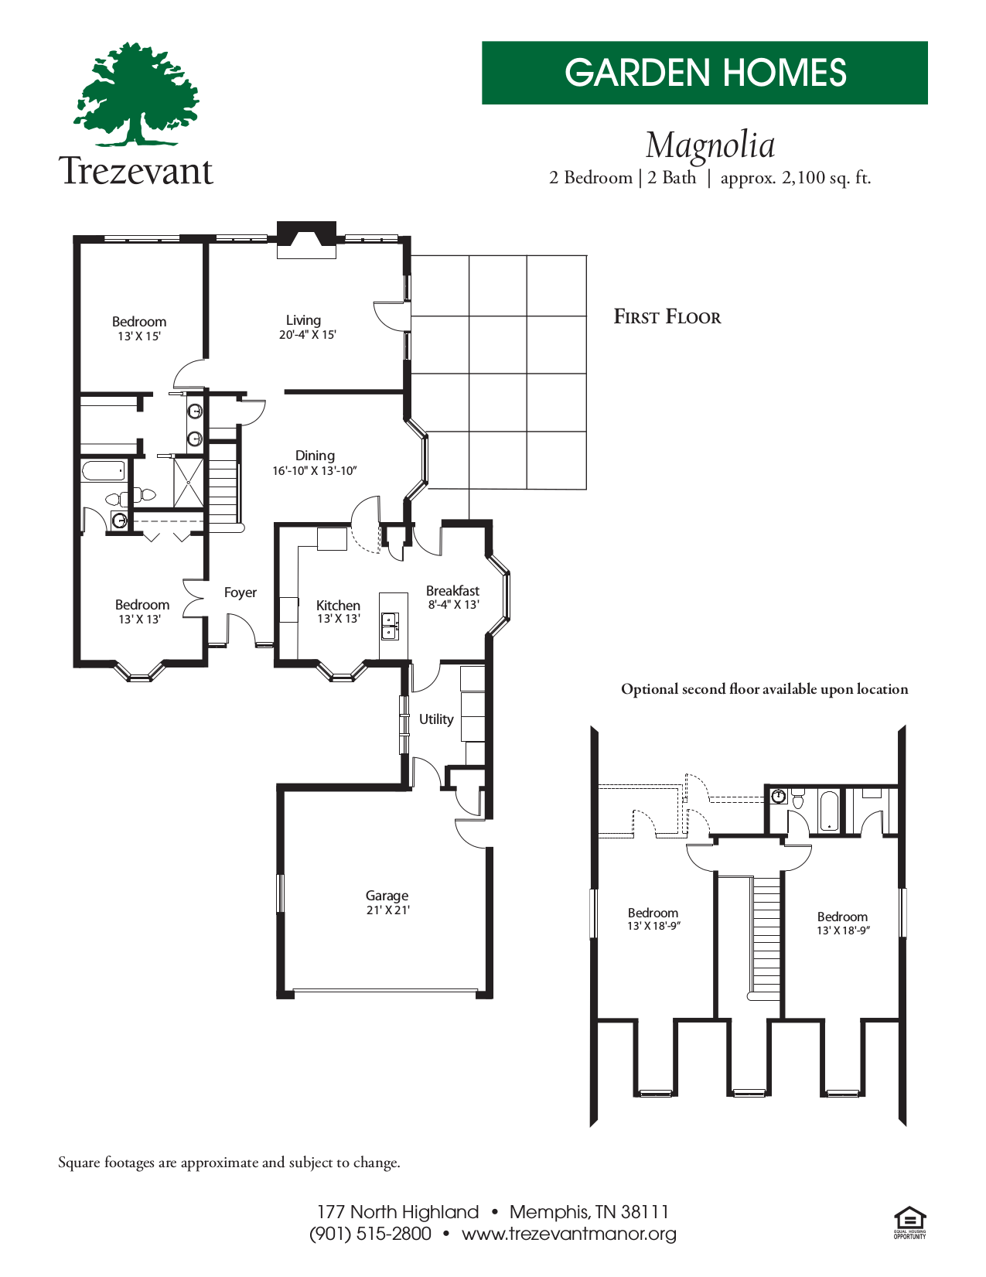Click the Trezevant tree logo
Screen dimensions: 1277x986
point(136,94)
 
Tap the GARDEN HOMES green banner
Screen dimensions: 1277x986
point(705,73)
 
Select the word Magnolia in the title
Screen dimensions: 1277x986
point(710,145)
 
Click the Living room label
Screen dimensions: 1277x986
point(303,320)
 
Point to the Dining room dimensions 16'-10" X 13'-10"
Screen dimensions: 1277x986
point(314,471)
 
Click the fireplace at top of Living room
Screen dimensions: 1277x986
point(306,239)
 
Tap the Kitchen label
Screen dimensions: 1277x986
point(338,606)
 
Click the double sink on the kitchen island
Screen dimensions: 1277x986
point(390,625)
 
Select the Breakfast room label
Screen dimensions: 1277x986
point(452,591)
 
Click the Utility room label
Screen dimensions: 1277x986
point(436,719)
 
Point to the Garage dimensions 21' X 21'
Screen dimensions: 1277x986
point(387,910)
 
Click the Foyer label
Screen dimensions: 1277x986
point(240,592)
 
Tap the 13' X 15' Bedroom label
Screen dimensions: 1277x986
point(139,328)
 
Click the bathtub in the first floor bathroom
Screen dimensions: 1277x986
point(103,470)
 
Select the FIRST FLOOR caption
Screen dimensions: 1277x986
point(667,317)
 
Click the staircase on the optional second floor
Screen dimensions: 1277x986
point(766,936)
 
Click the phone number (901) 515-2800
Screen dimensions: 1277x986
point(370,1234)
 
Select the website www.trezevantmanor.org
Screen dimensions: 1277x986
point(568,1234)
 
